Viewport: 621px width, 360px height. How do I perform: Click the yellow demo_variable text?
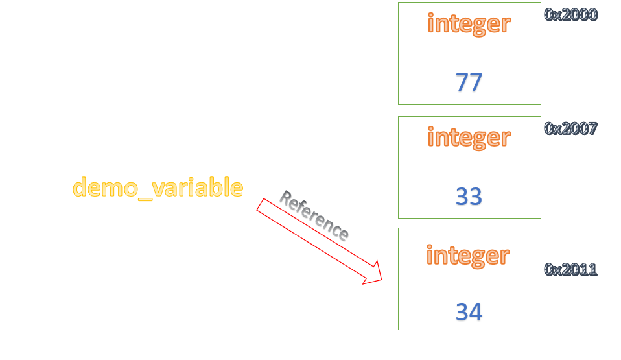click(158, 188)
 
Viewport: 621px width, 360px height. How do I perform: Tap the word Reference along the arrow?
click(314, 215)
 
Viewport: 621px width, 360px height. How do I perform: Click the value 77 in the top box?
click(469, 82)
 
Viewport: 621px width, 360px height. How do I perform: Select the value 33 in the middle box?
click(469, 196)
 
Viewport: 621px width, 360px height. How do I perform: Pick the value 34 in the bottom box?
click(469, 312)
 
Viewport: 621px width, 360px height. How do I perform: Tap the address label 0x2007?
click(570, 128)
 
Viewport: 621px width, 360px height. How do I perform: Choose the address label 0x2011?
click(570, 270)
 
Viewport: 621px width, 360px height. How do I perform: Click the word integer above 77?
click(469, 24)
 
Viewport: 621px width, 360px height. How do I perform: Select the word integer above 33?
click(469, 138)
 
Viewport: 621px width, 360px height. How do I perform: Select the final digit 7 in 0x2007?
click(591, 128)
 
